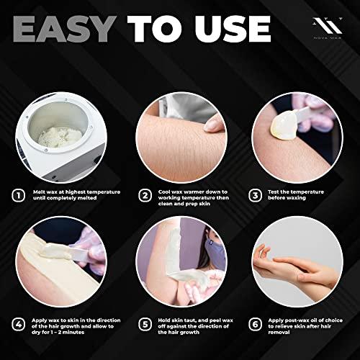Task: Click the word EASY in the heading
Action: click(63, 27)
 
